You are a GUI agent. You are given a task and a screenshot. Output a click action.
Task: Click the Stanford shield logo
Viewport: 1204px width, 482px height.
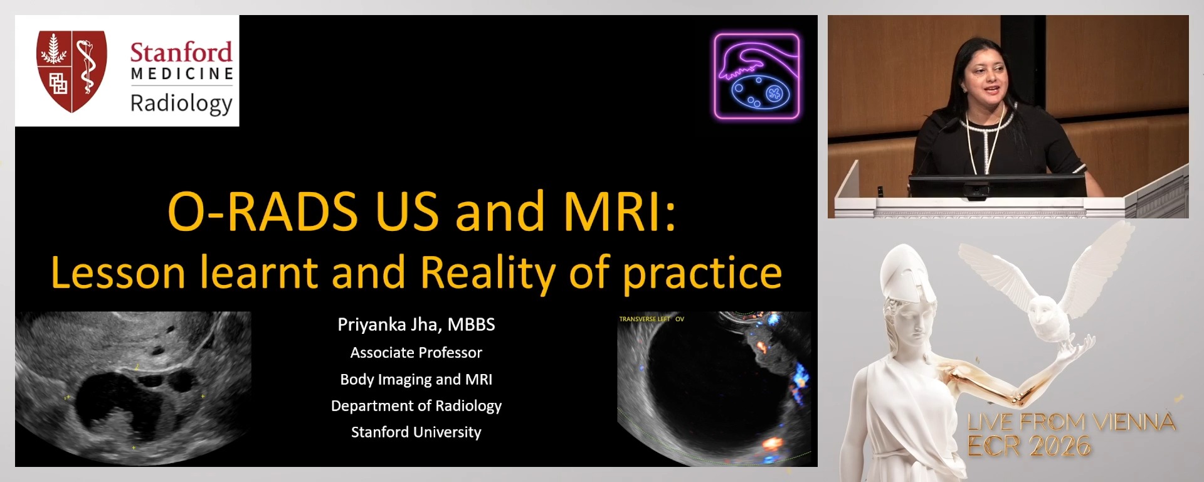click(x=71, y=70)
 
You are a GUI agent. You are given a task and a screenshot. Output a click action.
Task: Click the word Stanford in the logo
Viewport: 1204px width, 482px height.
click(x=181, y=52)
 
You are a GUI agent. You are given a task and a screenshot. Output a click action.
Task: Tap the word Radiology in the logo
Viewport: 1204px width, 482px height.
click(x=181, y=103)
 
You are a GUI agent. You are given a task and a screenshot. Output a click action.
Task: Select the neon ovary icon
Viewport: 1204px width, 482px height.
click(x=757, y=77)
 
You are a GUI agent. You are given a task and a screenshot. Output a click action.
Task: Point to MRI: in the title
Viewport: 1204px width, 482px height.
click(x=620, y=211)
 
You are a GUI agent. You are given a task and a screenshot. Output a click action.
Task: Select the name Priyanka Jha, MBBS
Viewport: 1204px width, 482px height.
click(x=416, y=324)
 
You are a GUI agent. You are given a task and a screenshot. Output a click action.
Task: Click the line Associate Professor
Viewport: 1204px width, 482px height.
click(x=416, y=353)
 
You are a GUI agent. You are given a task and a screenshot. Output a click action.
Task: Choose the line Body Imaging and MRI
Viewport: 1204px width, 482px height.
click(x=416, y=379)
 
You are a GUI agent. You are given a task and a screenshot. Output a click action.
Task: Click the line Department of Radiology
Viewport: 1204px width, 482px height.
click(x=416, y=406)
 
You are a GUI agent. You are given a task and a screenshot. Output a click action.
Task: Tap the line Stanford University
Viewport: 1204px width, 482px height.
click(x=416, y=432)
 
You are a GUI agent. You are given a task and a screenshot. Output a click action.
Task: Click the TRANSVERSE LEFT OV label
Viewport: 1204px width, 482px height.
click(x=651, y=319)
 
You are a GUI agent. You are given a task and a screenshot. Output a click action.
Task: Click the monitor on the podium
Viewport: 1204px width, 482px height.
click(x=997, y=186)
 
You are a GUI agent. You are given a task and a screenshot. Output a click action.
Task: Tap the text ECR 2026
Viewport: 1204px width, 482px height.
click(x=1028, y=446)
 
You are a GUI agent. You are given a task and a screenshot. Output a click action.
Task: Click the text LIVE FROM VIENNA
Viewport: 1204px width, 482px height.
click(x=1070, y=422)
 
